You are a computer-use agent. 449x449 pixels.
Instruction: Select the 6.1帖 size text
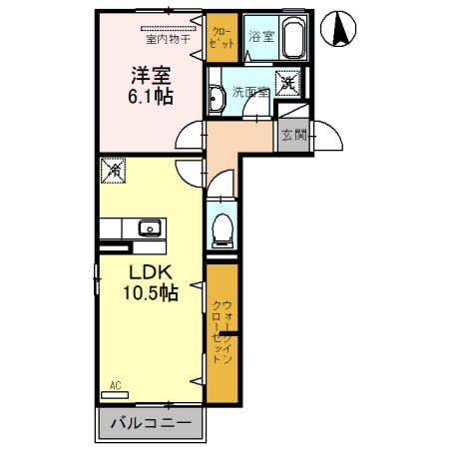(147, 99)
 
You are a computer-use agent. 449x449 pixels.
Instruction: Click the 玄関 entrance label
(293, 135)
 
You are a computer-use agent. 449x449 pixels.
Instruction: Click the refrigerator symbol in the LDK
(113, 173)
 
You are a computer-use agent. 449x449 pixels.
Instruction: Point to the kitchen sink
(150, 228)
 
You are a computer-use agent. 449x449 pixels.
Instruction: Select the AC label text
(113, 384)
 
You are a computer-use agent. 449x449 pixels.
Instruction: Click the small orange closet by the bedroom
(221, 37)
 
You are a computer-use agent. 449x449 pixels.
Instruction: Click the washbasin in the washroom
(217, 97)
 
